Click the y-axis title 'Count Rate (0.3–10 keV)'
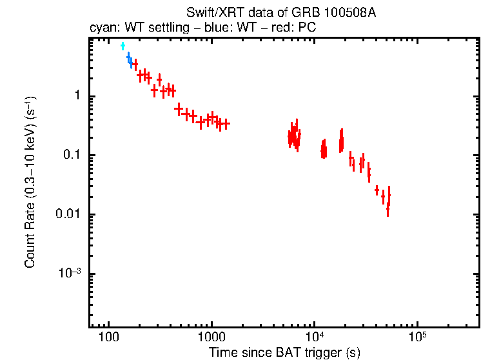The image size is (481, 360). [30, 182]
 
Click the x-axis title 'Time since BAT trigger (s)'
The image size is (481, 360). [284, 352]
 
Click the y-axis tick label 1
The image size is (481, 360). [75, 96]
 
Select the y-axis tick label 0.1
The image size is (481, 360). [70, 155]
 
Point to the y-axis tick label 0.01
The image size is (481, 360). [67, 214]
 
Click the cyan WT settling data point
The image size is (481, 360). [123, 46]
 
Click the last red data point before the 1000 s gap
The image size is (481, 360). [226, 123]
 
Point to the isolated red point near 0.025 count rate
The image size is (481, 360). [377, 190]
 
